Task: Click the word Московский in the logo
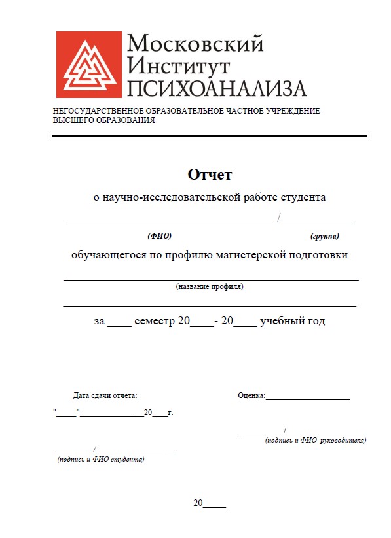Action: pyautogui.click(x=195, y=43)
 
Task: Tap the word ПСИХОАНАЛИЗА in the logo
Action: pyautogui.click(x=217, y=88)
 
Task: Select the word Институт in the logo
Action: pyautogui.click(x=179, y=65)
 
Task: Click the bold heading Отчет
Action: pyautogui.click(x=210, y=175)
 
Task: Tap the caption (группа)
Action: pyautogui.click(x=324, y=235)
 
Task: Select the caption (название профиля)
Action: pyautogui.click(x=210, y=286)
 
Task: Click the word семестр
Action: pyautogui.click(x=155, y=321)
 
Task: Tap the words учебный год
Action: pyautogui.click(x=292, y=321)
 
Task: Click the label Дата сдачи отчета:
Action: pyautogui.click(x=105, y=395)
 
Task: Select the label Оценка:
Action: pyautogui.click(x=251, y=395)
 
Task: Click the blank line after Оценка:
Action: pyautogui.click(x=307, y=397)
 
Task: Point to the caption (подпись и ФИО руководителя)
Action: pyautogui.click(x=316, y=441)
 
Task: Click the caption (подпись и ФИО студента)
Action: pyautogui.click(x=101, y=459)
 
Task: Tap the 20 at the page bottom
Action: pyautogui.click(x=198, y=503)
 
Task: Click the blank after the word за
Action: pyautogui.click(x=119, y=323)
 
